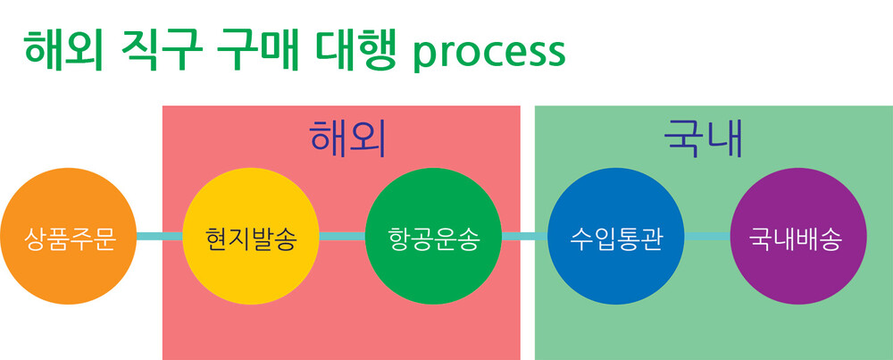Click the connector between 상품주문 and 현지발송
pos(161,237)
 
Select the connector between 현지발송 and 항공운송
pos(342,237)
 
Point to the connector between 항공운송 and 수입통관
pos(524,237)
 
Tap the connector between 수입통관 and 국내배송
pos(707,237)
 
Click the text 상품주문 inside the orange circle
pos(70,239)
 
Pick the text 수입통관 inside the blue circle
pos(616,239)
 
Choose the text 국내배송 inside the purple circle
pos(798,239)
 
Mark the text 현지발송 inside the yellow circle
pos(251,239)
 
